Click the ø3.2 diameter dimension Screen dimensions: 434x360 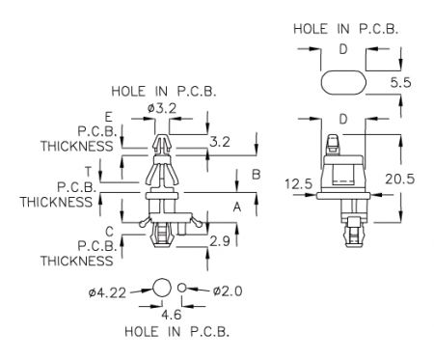(x=162, y=108)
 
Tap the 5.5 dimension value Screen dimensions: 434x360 (x=400, y=83)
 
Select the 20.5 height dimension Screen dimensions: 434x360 (x=400, y=179)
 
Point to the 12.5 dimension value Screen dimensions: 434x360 (x=299, y=184)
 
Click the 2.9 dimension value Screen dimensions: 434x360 (x=220, y=241)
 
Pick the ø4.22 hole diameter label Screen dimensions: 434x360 (x=107, y=293)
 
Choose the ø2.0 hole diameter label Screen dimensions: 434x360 (x=228, y=291)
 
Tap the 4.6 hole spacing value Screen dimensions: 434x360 (x=172, y=315)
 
